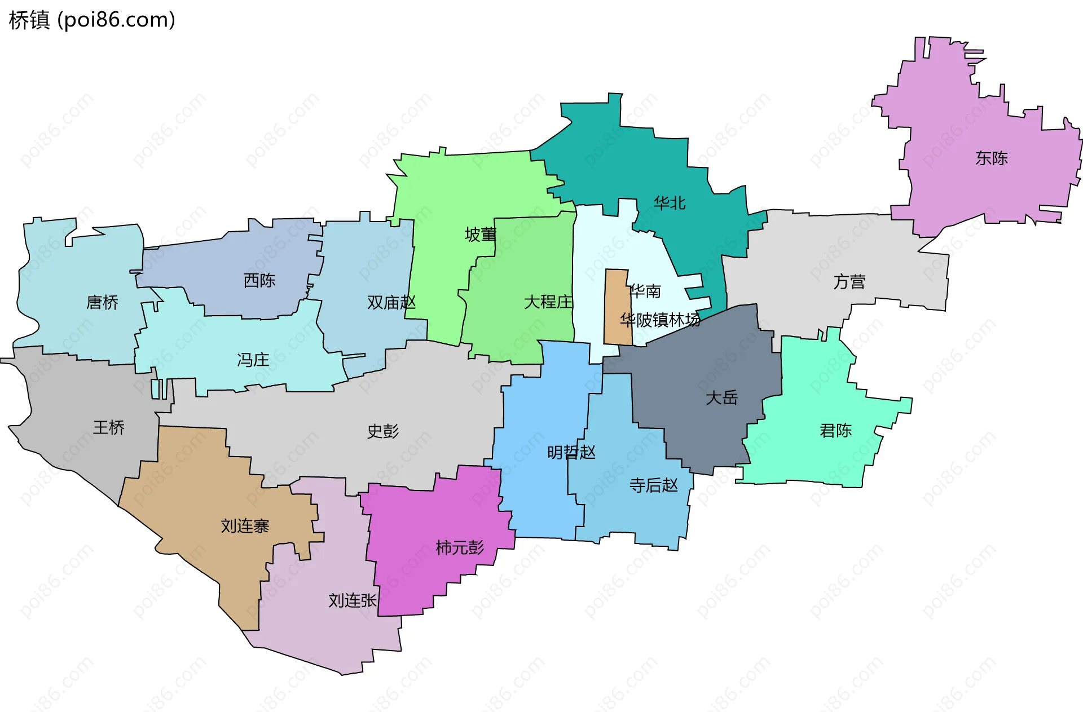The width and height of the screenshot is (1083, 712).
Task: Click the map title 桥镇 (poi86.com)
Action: point(92,20)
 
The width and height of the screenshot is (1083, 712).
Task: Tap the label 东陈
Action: point(991,158)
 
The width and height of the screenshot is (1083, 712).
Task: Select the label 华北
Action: point(670,203)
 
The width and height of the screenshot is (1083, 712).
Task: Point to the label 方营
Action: point(849,282)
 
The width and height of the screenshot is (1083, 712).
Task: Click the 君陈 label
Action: point(835,431)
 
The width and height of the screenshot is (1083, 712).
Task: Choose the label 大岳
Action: point(721,398)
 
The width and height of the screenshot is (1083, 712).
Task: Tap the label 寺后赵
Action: point(653,485)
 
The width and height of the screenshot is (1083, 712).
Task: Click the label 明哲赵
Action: point(571,452)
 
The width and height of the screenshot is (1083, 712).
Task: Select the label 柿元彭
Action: point(460,547)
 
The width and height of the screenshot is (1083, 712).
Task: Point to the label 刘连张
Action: point(353,600)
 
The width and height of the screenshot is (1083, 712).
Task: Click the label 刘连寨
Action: point(245,526)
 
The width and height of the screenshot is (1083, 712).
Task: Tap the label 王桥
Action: point(108,427)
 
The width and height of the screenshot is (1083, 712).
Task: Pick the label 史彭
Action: point(383,431)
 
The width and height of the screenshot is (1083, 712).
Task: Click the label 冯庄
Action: point(253,360)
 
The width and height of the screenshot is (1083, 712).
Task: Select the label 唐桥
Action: point(102,303)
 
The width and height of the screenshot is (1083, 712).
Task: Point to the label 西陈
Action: point(259,280)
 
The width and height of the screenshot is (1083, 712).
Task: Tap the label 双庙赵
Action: point(391,303)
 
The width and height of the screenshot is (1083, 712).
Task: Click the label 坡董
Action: point(481,235)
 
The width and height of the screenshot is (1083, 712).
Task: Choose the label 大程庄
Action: point(548,302)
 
